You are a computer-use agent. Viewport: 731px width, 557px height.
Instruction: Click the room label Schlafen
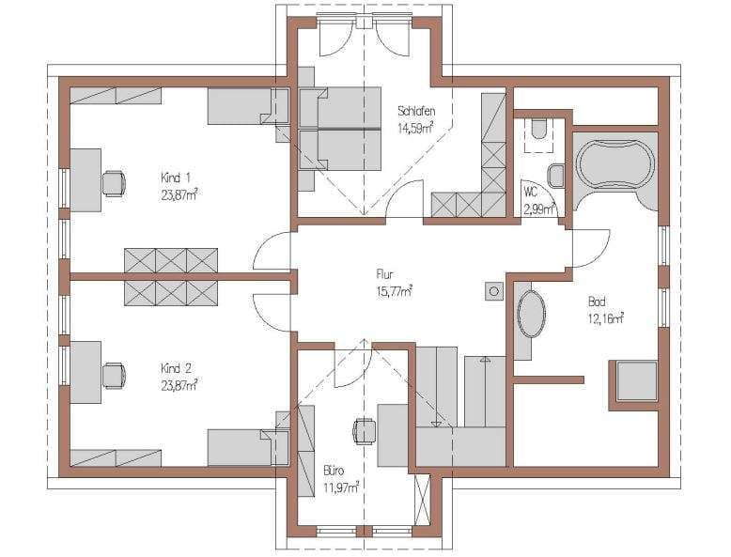coord(416,112)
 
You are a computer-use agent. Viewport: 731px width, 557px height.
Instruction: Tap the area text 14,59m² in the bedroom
coord(416,128)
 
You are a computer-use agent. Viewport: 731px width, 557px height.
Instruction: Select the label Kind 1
coord(176,178)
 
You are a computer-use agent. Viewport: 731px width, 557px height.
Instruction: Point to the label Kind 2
coord(176,369)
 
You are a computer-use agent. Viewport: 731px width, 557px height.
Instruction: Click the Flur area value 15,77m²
coord(394,291)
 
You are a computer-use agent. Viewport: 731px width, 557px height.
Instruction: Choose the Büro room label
coord(334,471)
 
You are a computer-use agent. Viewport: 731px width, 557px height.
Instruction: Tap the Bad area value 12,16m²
coord(606,318)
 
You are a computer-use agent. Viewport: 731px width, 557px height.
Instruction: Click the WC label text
coord(531,192)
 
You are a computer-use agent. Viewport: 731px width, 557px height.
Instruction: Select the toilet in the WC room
coord(540,129)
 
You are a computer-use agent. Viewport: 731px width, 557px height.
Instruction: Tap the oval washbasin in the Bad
coord(532,314)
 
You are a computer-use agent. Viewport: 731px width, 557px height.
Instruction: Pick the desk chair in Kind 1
coord(114,183)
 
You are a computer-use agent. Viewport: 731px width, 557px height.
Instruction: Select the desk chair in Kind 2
coord(114,375)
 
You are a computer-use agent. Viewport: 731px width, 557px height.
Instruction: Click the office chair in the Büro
coord(365,432)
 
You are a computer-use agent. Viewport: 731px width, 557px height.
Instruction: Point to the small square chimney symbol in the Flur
coord(493,292)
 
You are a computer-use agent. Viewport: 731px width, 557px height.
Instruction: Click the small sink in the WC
coord(556,176)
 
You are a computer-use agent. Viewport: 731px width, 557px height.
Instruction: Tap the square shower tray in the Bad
coord(636,381)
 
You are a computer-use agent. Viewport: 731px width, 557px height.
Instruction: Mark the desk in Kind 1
coord(86,180)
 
